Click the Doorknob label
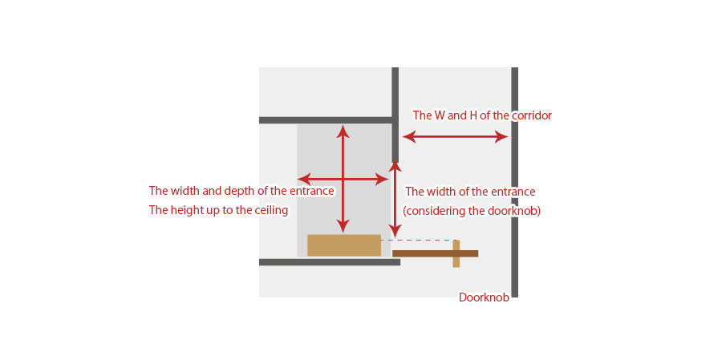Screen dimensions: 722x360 [484, 297]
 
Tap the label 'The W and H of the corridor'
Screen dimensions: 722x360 [482, 115]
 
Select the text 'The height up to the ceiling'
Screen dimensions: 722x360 [219, 210]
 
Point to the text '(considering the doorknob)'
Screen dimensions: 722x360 [472, 212]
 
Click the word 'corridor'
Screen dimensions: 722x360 [532, 115]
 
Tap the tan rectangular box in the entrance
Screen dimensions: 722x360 [344, 245]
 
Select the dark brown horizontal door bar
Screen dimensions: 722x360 [435, 253]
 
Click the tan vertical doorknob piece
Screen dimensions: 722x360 [456, 253]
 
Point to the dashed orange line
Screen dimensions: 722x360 [419, 241]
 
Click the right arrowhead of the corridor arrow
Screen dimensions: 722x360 [502, 137]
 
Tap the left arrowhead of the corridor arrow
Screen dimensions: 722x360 [409, 137]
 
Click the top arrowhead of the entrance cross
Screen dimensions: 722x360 [342, 131]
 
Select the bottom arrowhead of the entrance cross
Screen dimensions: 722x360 [342, 226]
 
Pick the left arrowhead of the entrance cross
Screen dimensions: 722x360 [304, 179]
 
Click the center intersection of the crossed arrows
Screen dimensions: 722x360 [342, 179]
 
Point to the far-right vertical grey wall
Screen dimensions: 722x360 [515, 182]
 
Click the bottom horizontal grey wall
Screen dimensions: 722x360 [330, 262]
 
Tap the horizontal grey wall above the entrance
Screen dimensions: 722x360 [326, 120]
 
